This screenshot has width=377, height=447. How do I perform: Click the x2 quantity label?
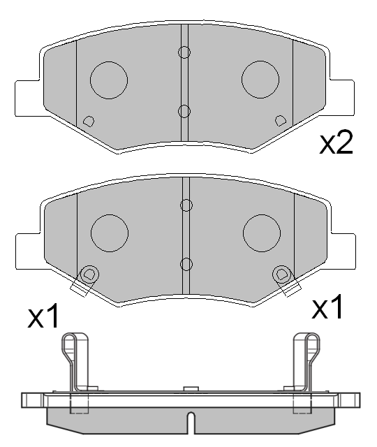tap(337, 143)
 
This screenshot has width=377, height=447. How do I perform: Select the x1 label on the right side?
tap(327, 307)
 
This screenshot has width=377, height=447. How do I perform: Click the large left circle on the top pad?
tap(109, 78)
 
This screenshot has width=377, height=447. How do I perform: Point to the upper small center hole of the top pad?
tap(184, 52)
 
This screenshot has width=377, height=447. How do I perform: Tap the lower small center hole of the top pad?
tap(184, 110)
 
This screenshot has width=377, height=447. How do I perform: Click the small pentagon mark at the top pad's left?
tap(88, 121)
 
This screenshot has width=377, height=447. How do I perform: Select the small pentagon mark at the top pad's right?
tap(281, 120)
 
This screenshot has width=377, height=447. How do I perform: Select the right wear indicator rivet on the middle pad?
tap(282, 273)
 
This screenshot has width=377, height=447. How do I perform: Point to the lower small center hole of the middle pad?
tap(186, 264)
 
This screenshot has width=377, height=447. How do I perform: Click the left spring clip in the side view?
tap(75, 360)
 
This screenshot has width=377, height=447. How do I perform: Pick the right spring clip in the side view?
tap(306, 360)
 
